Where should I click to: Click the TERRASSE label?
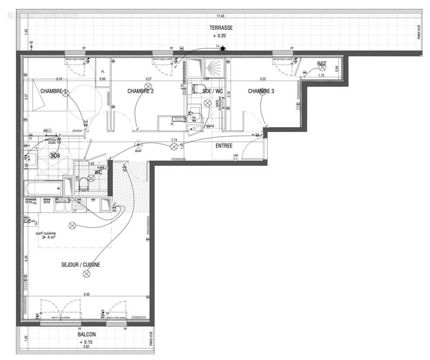[x=221, y=27]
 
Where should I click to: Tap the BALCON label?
[x=87, y=335]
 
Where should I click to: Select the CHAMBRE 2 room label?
[x=140, y=91]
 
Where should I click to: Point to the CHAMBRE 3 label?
[x=261, y=91]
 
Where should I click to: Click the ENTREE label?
[x=224, y=145]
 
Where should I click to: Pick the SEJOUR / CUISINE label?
[x=81, y=265]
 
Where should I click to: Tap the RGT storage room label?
[x=321, y=64]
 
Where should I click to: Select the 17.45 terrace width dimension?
[x=221, y=16]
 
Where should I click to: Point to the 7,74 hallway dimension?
[x=174, y=140]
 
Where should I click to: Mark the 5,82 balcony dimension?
[x=87, y=347]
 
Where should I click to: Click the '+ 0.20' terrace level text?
[x=221, y=35]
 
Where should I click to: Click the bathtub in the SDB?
[x=44, y=188]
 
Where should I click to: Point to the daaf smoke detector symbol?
[x=138, y=145]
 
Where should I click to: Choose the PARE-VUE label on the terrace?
[x=418, y=34]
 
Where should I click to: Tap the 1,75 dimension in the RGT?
[x=321, y=76]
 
